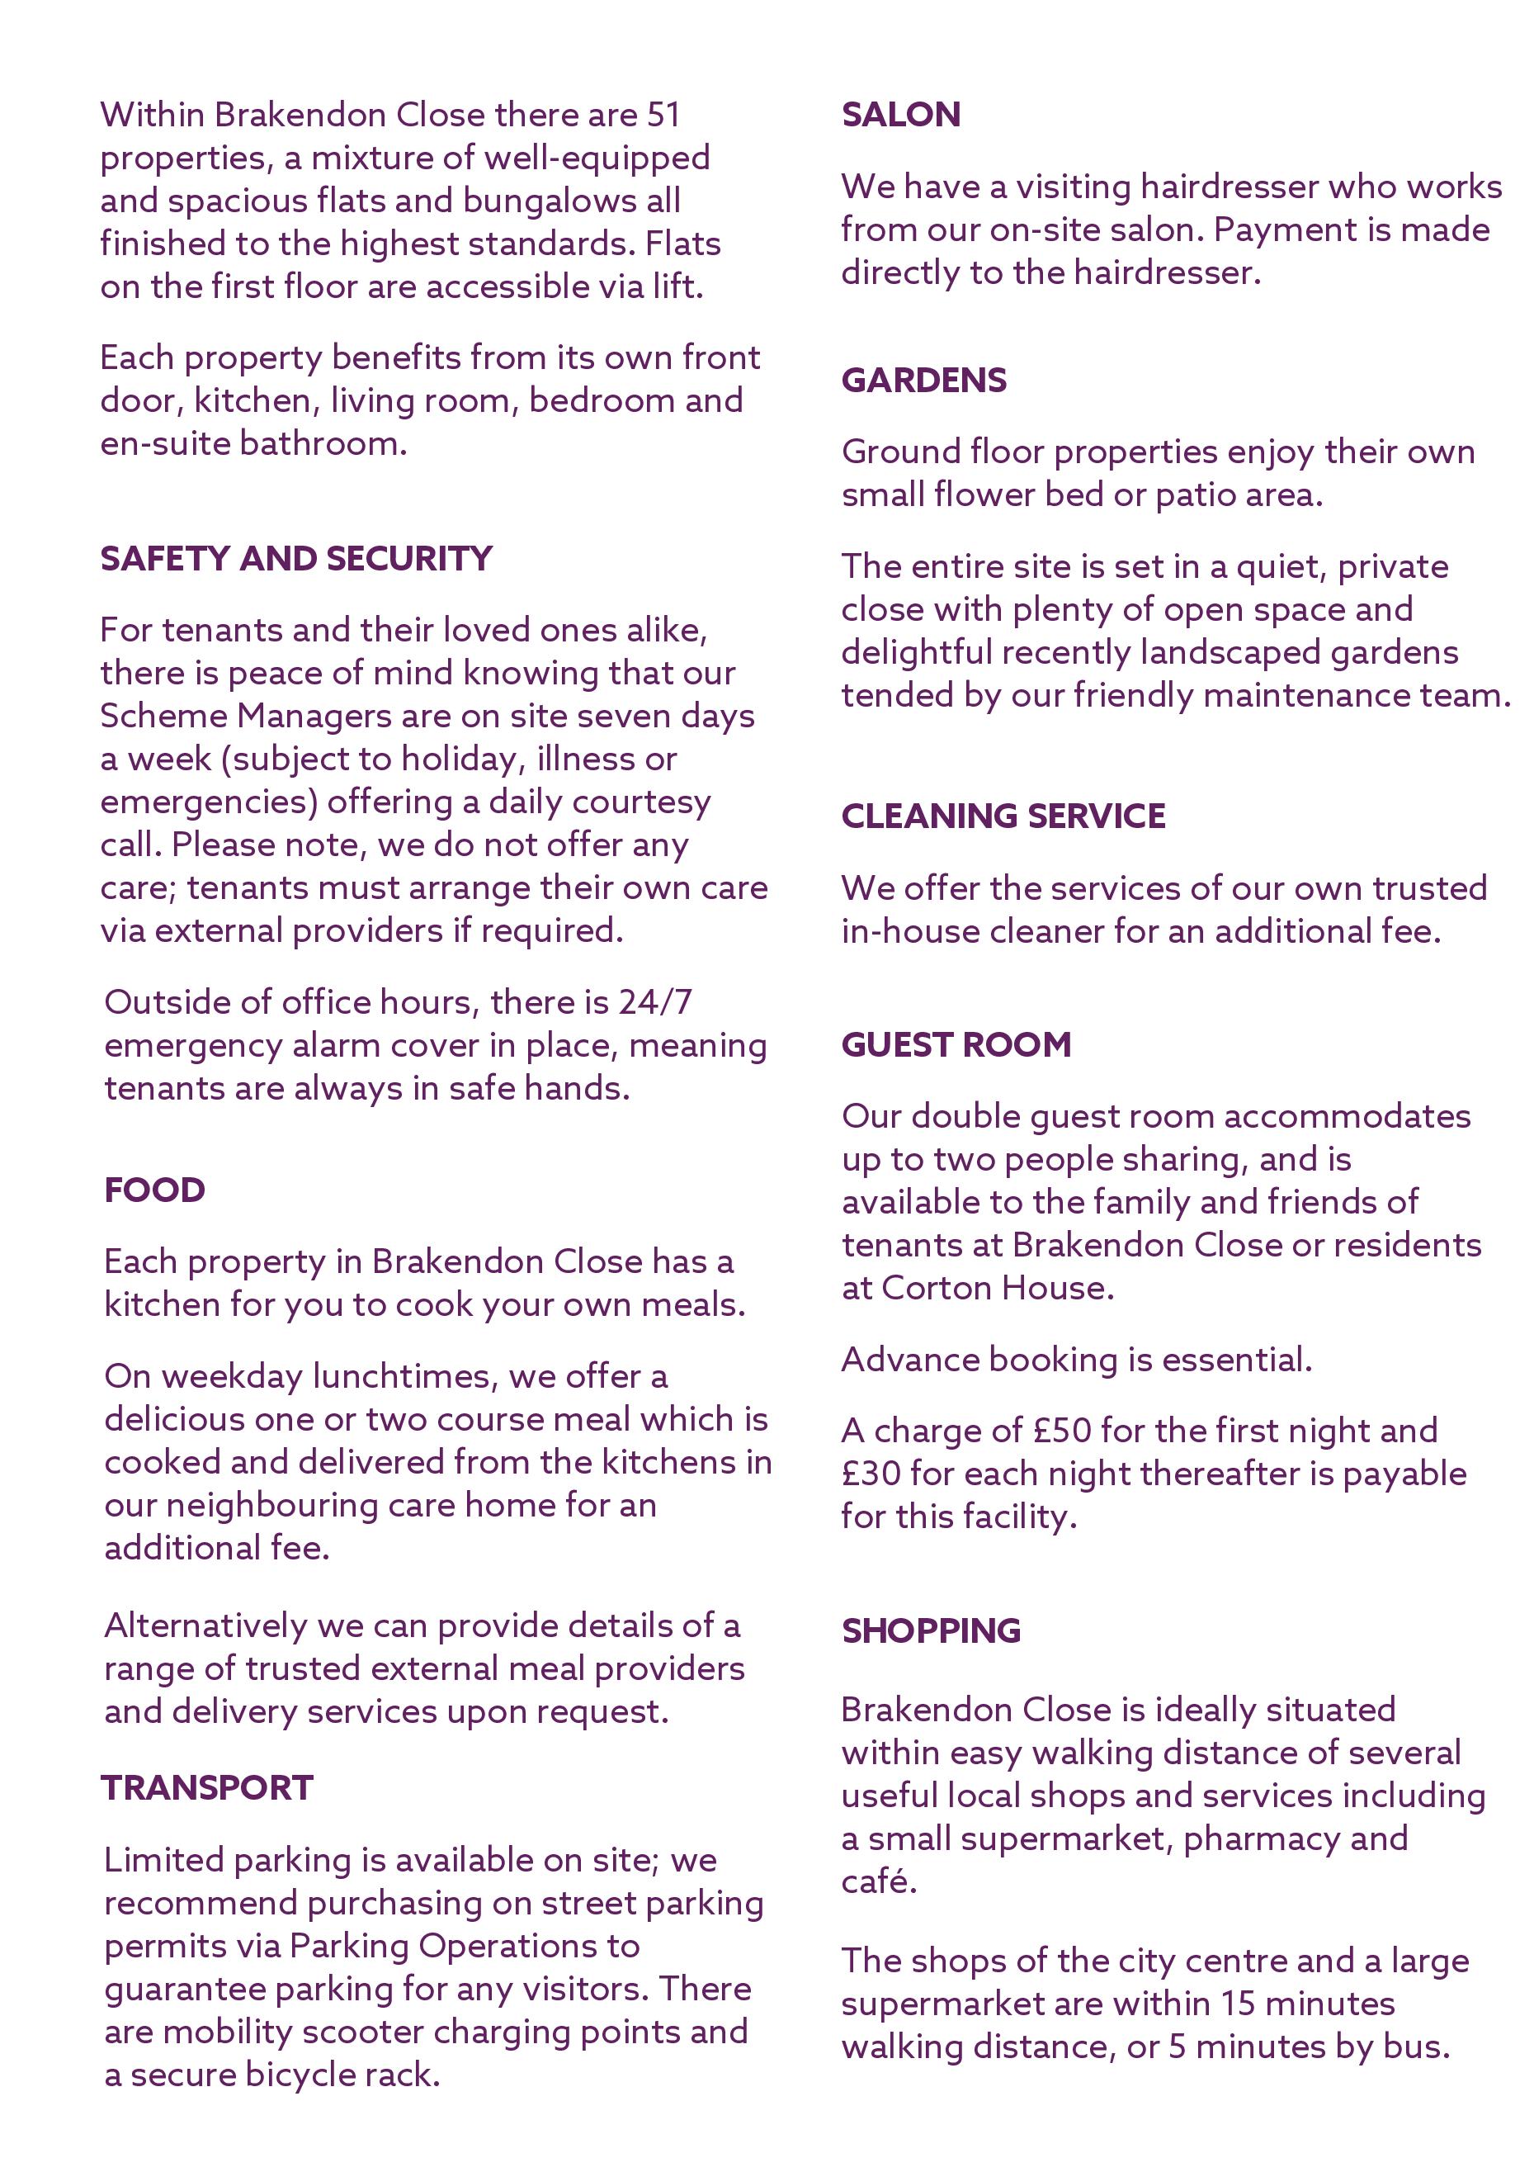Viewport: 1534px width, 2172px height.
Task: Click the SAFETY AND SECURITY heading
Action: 296,558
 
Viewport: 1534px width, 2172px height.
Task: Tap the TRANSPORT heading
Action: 207,1787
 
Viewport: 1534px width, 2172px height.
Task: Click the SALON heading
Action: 900,115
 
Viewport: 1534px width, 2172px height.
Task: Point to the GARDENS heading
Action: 924,380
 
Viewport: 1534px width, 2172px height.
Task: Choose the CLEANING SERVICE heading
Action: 1003,816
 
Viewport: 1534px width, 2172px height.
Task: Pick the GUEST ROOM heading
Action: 956,1044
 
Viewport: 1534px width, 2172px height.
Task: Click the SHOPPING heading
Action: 932,1630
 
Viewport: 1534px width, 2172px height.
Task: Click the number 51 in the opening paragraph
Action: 664,115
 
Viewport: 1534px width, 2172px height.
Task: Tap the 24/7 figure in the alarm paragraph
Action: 655,1002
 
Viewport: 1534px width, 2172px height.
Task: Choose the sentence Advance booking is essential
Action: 1076,1360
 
